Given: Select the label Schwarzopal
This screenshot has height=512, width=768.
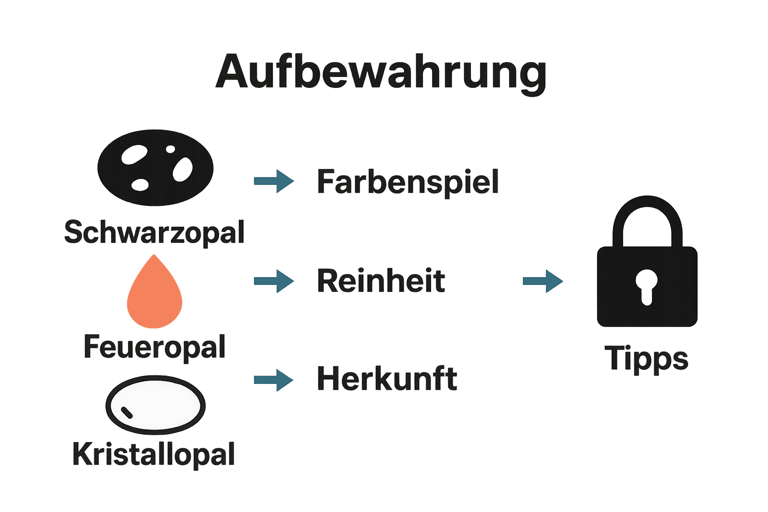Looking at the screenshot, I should point(154,232).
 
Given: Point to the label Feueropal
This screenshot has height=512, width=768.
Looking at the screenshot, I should point(154,346).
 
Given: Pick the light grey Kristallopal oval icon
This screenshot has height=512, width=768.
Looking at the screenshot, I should point(155,404).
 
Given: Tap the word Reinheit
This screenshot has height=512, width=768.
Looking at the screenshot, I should point(380,280).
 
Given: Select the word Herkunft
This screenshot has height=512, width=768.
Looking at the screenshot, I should point(386,378).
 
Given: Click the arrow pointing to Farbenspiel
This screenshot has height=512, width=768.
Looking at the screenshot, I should point(273,180).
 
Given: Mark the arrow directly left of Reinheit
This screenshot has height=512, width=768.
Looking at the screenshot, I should point(273,280).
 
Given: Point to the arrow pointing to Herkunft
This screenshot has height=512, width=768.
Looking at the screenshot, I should point(273,380).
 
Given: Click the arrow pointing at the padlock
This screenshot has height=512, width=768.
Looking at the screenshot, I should point(542,281).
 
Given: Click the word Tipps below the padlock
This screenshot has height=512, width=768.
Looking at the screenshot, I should point(646,358).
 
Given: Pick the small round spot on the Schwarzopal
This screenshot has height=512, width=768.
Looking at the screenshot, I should point(170,149).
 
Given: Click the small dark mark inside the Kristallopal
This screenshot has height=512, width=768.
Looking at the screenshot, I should point(127,412).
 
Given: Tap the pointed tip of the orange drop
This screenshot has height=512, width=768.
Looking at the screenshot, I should point(154,256).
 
